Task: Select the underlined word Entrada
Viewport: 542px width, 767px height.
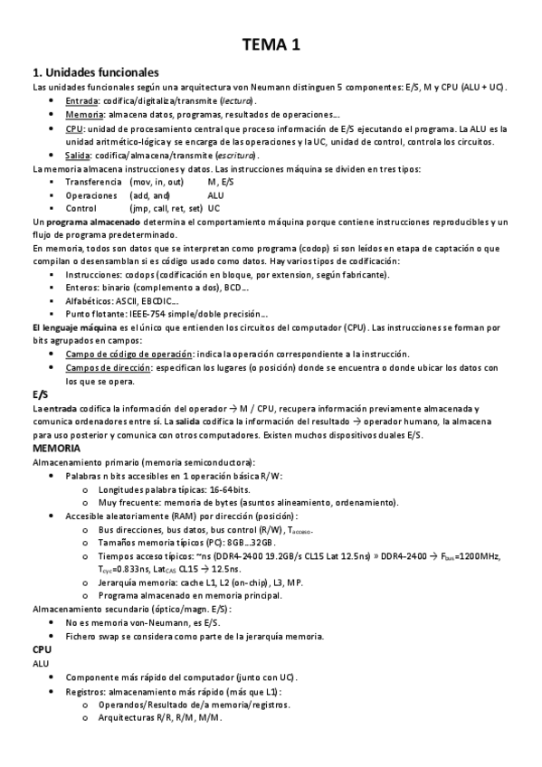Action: click(x=82, y=100)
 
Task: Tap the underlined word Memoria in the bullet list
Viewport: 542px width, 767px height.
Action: click(x=84, y=115)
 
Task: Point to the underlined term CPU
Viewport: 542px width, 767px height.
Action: click(x=74, y=128)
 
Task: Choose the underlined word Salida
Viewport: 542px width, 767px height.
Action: click(x=80, y=156)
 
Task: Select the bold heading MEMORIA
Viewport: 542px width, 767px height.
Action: click(x=56, y=448)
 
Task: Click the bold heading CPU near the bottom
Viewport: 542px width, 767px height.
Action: click(x=42, y=649)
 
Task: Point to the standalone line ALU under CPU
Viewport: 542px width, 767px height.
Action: click(x=41, y=663)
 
